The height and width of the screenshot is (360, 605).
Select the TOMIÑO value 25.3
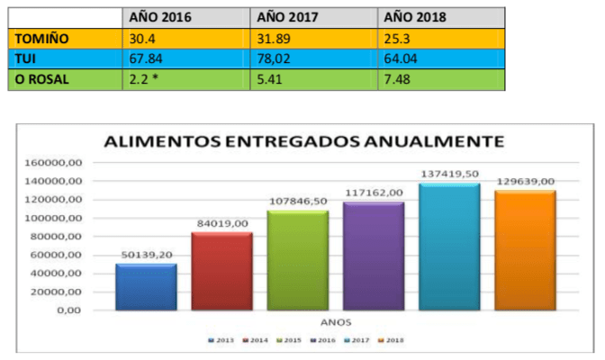397,37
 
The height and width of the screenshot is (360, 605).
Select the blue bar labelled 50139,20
145,286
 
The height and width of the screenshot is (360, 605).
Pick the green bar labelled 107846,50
295,260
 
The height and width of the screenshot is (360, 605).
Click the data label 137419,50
449,172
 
